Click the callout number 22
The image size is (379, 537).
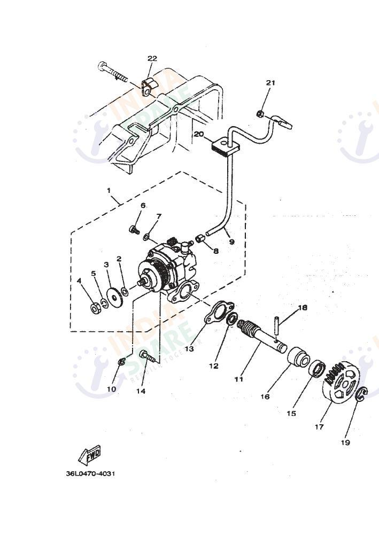coord(152,58)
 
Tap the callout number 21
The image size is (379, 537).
coord(271,82)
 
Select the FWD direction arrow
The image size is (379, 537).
coord(89,455)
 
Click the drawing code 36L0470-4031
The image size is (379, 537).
coord(90,473)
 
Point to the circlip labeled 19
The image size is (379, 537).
coord(362,395)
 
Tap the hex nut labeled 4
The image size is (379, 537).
coord(95,308)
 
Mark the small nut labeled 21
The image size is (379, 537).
coord(259,113)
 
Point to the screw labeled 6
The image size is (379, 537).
coord(133,230)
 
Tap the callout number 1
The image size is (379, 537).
coord(109,190)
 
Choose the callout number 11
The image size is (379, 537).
coord(239,379)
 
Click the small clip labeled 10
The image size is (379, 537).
coord(121,362)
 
